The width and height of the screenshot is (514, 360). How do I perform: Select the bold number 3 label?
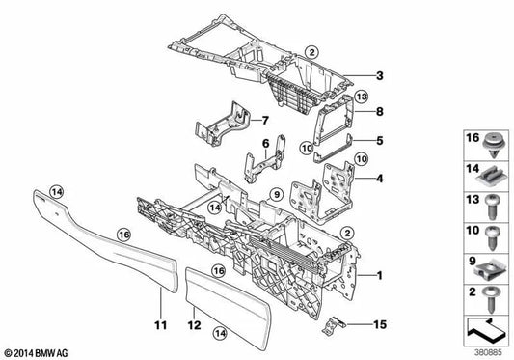(x=380, y=76)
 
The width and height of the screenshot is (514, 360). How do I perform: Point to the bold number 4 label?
(x=380, y=178)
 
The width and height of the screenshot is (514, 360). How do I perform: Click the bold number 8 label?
(x=380, y=111)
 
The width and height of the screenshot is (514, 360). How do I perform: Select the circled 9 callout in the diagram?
(x=276, y=196)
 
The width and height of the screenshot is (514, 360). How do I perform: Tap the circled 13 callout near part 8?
(x=361, y=97)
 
